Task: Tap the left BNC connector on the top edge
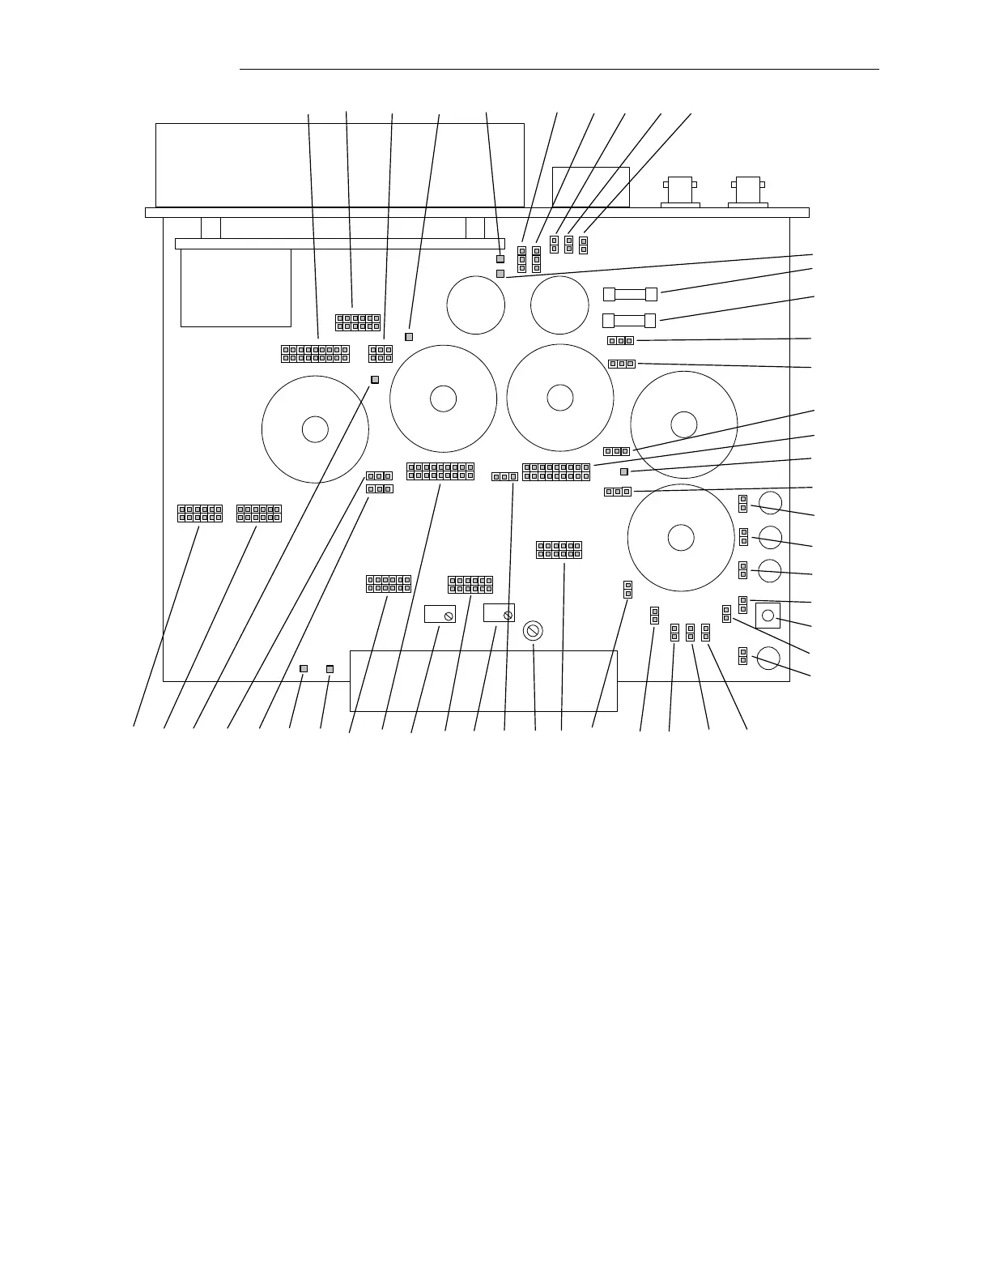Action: [x=680, y=191]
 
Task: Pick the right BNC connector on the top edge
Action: [x=747, y=191]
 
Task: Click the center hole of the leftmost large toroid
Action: [x=315, y=429]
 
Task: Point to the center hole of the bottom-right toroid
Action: [x=680, y=538]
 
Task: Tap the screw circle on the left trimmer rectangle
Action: [x=449, y=617]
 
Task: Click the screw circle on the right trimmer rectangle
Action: [x=508, y=616]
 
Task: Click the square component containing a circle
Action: [x=768, y=616]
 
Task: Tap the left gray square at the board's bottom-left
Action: [x=304, y=668]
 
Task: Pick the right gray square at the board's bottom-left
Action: [x=330, y=668]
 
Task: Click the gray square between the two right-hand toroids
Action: [x=624, y=471]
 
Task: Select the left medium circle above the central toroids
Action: [x=476, y=305]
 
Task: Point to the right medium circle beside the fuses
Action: [x=559, y=305]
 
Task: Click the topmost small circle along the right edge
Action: [x=770, y=502]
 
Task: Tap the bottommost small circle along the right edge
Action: [x=768, y=658]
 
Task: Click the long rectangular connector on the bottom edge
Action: [x=483, y=680]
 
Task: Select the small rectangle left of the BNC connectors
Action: [x=590, y=186]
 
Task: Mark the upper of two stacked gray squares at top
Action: [x=500, y=259]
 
